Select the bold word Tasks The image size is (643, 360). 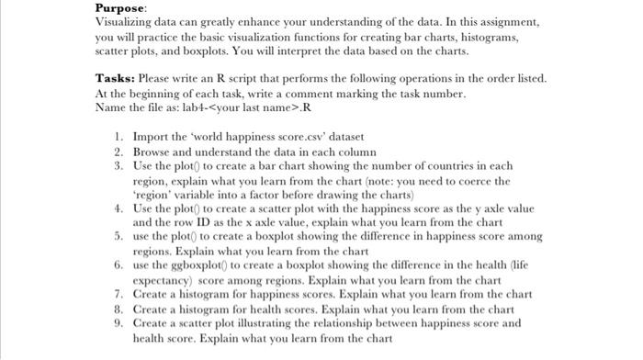coord(114,78)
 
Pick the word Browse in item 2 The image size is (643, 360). coord(153,150)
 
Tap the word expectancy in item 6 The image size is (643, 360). coord(163,279)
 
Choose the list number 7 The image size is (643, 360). coord(119,294)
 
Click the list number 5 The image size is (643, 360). coord(119,236)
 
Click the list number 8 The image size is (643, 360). coord(119,308)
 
